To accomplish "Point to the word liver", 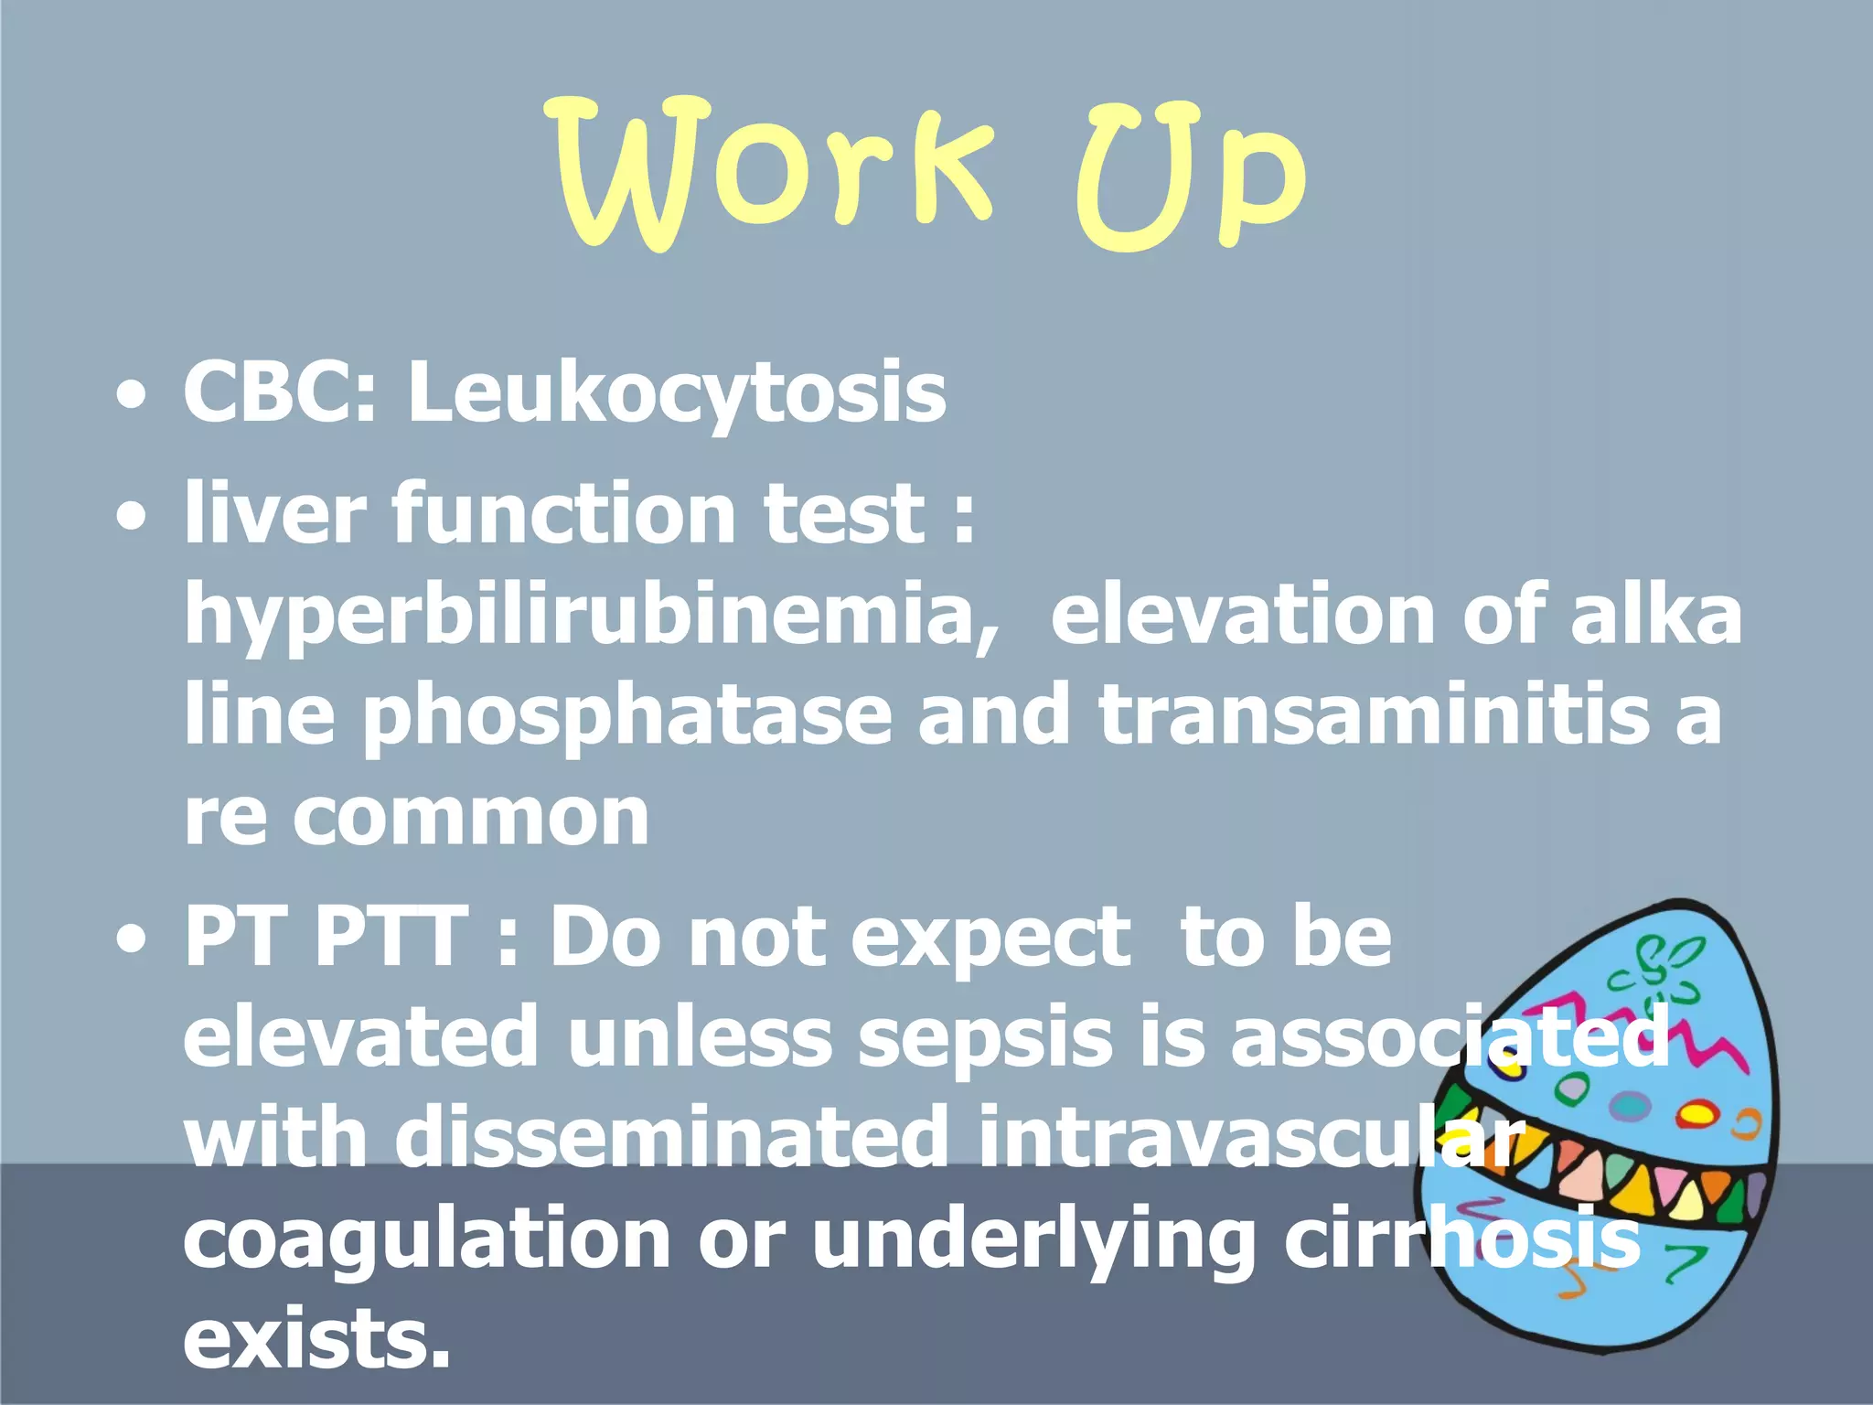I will (274, 512).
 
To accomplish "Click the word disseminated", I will (672, 1139).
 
